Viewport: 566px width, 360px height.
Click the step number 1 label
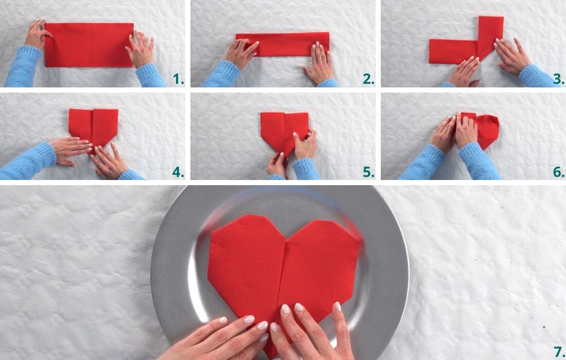pos(178,80)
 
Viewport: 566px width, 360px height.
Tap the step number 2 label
pos(368,80)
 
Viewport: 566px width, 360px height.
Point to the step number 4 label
pos(178,172)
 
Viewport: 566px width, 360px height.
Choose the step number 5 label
pos(368,172)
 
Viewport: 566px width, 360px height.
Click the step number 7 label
pos(559,352)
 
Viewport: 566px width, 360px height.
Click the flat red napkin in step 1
pos(89,45)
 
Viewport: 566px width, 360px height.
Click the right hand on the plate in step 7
pos(314,332)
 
